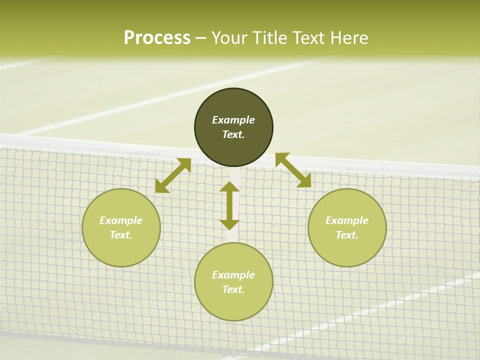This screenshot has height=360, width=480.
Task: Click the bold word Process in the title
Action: [x=157, y=38]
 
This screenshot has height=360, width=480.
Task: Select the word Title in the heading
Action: [x=269, y=38]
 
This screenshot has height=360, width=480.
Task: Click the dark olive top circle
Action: [x=233, y=105]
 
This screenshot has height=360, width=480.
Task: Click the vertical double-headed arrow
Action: [x=229, y=205]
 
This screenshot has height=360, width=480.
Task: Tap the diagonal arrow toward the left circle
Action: [x=173, y=175]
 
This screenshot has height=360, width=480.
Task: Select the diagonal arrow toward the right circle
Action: [x=293, y=170]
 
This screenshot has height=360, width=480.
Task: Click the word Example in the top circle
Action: [x=233, y=120]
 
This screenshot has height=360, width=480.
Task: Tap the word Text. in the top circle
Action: [x=233, y=134]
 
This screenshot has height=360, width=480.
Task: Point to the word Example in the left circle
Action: [x=121, y=220]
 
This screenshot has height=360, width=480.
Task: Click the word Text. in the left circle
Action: [x=121, y=235]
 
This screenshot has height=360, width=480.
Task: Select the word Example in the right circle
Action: [x=347, y=220]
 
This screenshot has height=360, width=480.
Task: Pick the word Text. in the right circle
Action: [x=347, y=235]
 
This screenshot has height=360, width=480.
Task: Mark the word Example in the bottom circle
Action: [x=233, y=275]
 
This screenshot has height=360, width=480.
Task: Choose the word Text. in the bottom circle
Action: [x=233, y=289]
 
